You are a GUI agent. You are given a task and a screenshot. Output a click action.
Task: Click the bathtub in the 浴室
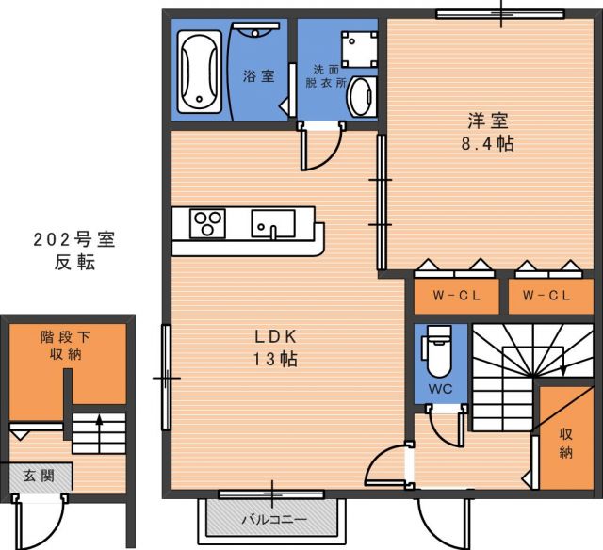[200, 72]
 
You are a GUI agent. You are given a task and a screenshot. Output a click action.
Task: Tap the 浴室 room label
[259, 75]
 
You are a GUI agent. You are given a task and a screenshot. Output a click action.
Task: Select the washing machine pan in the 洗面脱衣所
[360, 49]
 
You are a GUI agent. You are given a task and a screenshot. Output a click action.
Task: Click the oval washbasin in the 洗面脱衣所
[361, 96]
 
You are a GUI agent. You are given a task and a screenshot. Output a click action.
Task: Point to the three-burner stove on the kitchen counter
[207, 223]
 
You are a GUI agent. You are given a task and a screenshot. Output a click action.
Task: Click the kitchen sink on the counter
[273, 223]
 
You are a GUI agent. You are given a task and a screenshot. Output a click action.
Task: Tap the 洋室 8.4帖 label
[488, 132]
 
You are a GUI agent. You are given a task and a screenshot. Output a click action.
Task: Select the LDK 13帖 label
[274, 348]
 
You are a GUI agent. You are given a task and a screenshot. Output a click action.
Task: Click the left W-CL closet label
[456, 296]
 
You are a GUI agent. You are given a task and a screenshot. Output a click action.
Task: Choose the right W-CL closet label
[546, 296]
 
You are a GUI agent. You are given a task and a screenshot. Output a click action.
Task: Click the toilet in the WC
[437, 351]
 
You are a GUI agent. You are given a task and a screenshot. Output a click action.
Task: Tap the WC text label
[441, 389]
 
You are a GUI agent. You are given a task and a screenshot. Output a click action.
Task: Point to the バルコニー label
[274, 520]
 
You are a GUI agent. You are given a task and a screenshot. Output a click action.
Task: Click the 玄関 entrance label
[39, 476]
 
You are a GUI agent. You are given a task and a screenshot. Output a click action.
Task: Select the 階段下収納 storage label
[65, 346]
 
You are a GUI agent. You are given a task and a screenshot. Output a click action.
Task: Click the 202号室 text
[74, 240]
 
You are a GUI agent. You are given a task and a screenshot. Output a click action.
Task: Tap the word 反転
[74, 263]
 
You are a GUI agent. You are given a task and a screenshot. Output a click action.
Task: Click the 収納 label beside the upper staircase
[565, 444]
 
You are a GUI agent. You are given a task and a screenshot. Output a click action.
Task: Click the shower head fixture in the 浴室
[255, 30]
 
